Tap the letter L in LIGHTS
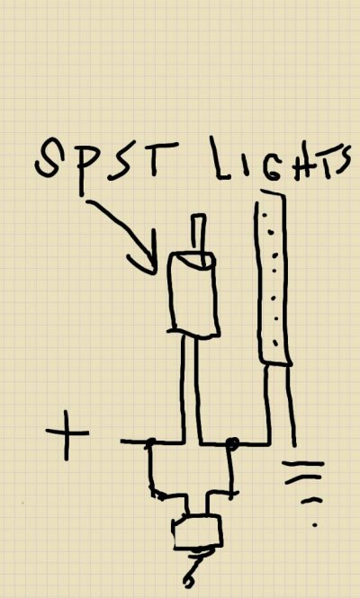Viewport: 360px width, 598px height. (x=220, y=158)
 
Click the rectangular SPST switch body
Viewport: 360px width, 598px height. (x=193, y=295)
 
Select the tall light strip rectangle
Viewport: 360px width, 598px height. (x=273, y=278)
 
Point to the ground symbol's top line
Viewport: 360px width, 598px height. (x=303, y=464)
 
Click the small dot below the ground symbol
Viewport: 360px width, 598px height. (x=315, y=525)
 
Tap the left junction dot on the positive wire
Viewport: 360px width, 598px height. (x=151, y=442)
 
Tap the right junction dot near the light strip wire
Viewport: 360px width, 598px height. (x=232, y=443)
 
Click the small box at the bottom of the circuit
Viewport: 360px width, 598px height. (x=197, y=531)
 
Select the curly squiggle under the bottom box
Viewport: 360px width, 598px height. (x=194, y=568)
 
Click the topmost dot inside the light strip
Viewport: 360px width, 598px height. (x=264, y=216)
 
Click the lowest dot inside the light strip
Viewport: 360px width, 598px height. (x=275, y=344)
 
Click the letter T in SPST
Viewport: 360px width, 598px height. (x=157, y=158)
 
